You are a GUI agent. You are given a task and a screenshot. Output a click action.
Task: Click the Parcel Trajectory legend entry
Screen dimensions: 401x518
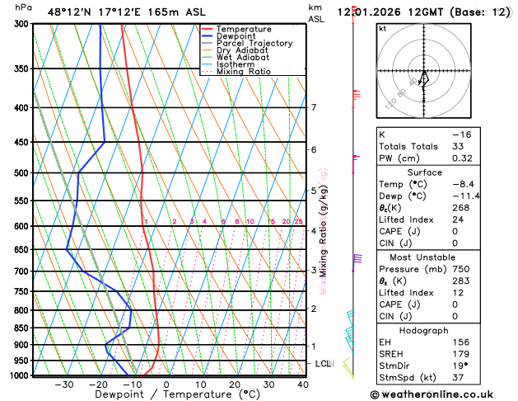coord(254,43)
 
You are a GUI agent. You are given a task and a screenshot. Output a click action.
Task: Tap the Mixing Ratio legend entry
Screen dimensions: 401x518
coord(243,71)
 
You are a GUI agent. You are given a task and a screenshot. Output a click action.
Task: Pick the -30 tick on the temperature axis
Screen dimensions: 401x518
coord(63,384)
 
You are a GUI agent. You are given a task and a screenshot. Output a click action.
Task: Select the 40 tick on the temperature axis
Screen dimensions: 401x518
coord(303,384)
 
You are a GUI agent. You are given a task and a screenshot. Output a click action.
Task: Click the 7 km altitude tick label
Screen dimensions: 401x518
coord(314,107)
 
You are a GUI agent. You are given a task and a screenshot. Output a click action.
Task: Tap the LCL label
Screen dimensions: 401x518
coord(324,364)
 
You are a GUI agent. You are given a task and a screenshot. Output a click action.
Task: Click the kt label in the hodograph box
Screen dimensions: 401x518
coord(382,28)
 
